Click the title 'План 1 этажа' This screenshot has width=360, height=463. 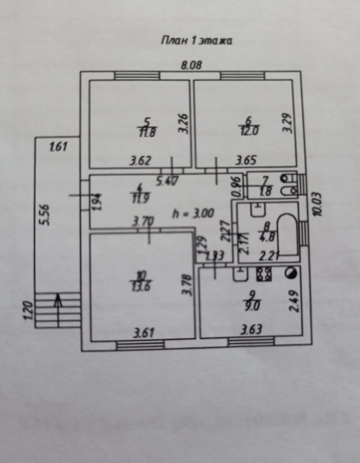click(x=196, y=41)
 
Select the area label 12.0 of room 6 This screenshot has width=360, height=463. click(x=248, y=131)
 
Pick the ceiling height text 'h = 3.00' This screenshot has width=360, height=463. click(x=192, y=213)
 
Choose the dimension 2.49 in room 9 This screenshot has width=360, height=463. click(x=295, y=302)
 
